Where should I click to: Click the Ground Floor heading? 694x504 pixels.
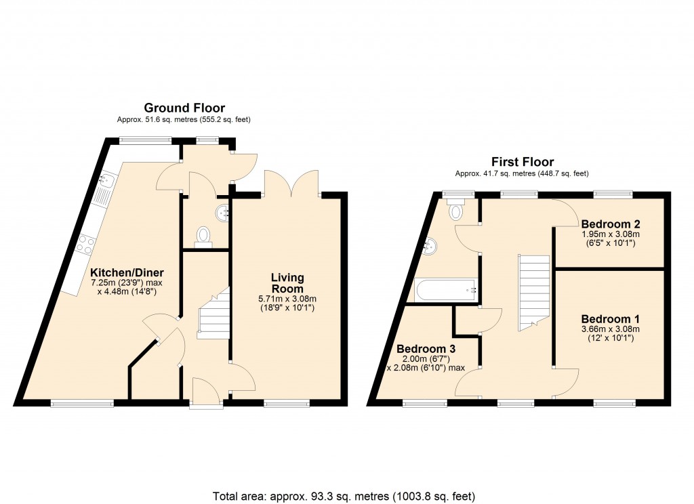184,108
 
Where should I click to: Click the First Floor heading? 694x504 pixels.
523,162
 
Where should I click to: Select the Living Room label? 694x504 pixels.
287,283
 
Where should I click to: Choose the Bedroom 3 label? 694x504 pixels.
426,349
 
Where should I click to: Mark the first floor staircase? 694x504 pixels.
533,291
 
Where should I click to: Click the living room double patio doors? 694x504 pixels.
292,183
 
